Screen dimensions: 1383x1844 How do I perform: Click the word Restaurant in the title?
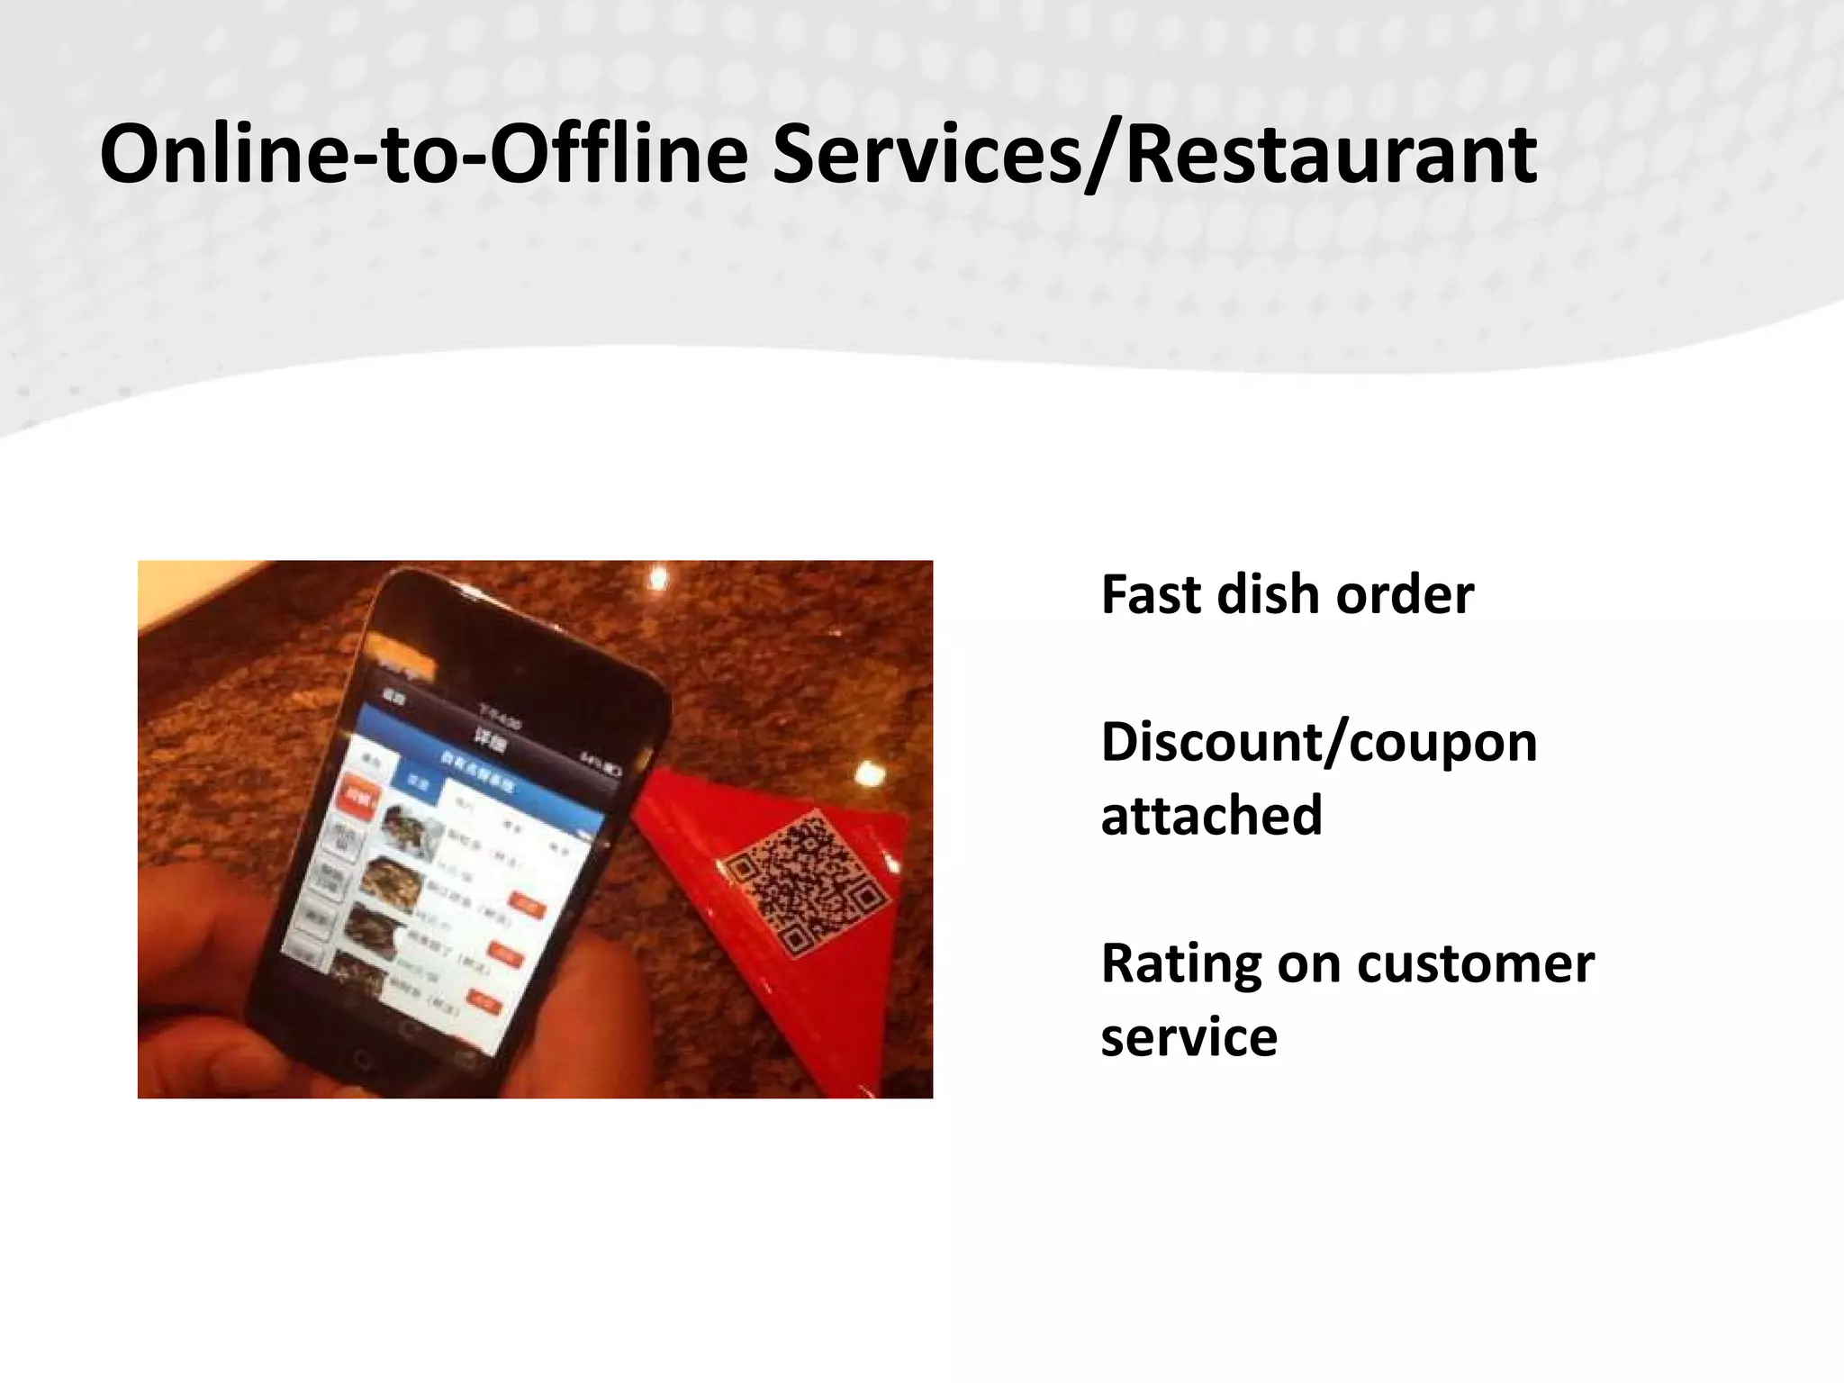tap(1331, 155)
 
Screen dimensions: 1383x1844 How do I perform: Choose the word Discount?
tap(1207, 743)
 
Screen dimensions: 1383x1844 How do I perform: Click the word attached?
tap(1211, 816)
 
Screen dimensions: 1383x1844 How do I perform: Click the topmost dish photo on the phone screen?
tap(410, 826)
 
